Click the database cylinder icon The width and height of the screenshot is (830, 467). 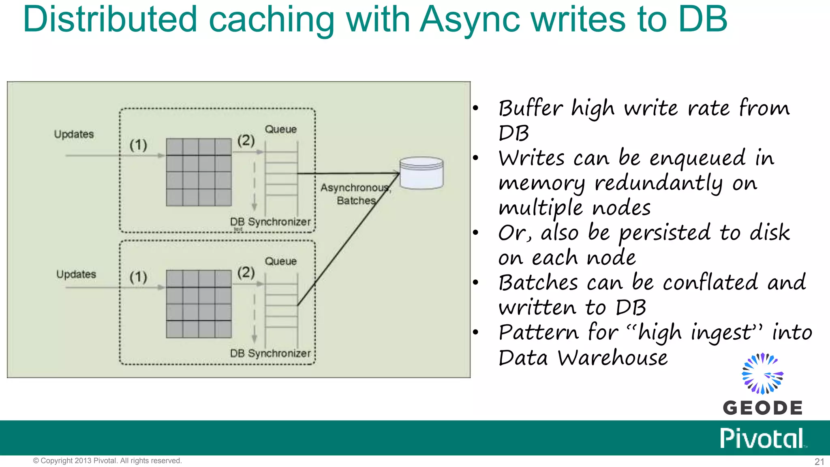[x=421, y=173]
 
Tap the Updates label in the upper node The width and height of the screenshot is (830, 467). [x=74, y=134]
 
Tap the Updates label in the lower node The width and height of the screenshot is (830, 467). [x=76, y=274]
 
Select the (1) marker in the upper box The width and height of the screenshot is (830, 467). [x=138, y=145]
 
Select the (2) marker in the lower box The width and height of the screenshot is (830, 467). [x=246, y=272]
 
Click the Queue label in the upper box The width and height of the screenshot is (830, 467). [x=280, y=129]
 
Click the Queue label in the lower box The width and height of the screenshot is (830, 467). [x=280, y=261]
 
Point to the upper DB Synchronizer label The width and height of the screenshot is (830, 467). [x=270, y=222]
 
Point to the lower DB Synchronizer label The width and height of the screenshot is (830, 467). [x=270, y=353]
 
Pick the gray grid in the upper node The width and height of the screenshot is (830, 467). [x=199, y=172]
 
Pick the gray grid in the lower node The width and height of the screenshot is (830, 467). [x=199, y=304]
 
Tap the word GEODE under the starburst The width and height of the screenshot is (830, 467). [x=762, y=408]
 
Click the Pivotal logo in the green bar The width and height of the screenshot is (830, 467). [x=762, y=438]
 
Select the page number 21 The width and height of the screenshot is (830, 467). [x=819, y=462]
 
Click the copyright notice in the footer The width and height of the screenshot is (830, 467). [x=107, y=461]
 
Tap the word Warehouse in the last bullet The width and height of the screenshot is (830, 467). [x=612, y=358]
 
